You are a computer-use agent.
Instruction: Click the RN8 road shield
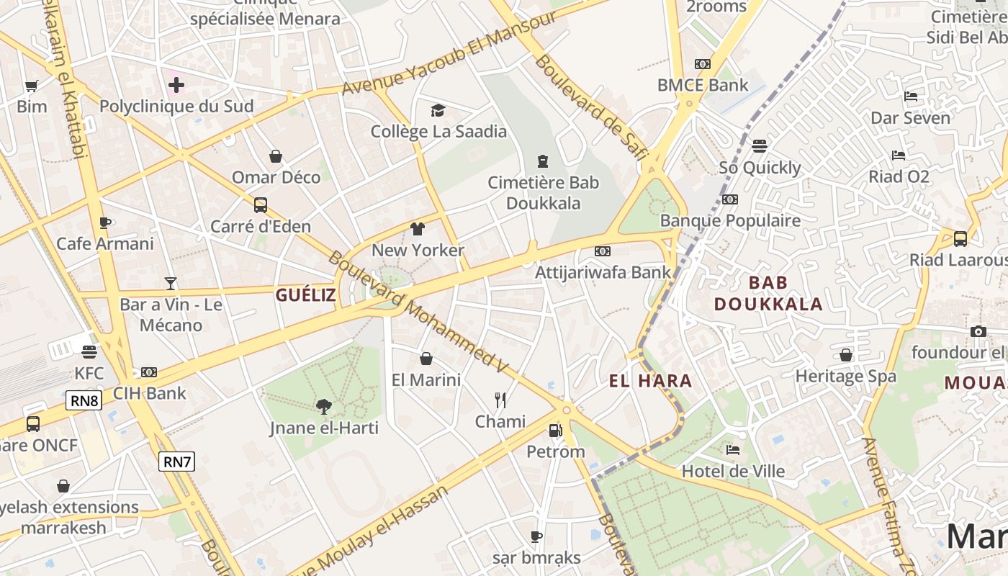point(84,400)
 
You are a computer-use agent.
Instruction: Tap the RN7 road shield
point(176,461)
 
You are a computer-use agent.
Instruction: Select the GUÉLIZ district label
point(306,294)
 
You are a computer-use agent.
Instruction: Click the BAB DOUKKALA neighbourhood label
point(768,293)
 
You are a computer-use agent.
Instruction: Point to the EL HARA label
point(651,381)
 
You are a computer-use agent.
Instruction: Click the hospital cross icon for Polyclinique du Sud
point(176,86)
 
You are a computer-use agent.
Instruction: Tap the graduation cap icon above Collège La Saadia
point(438,110)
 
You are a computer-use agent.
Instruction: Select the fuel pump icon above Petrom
point(555,431)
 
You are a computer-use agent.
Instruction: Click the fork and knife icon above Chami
point(500,400)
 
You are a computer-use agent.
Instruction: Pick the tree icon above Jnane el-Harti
point(324,407)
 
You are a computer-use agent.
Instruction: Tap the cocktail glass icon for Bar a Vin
point(171,283)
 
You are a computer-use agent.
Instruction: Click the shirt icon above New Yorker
point(418,229)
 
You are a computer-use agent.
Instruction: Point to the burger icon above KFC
point(89,352)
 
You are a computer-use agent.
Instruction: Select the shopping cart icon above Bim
point(31,86)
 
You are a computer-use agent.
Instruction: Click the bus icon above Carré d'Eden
point(261,205)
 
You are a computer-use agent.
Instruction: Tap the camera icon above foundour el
point(978,331)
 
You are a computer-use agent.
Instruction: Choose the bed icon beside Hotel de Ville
point(733,450)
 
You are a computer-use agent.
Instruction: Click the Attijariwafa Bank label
point(603,272)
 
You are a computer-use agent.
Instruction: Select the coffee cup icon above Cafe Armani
point(105,222)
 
